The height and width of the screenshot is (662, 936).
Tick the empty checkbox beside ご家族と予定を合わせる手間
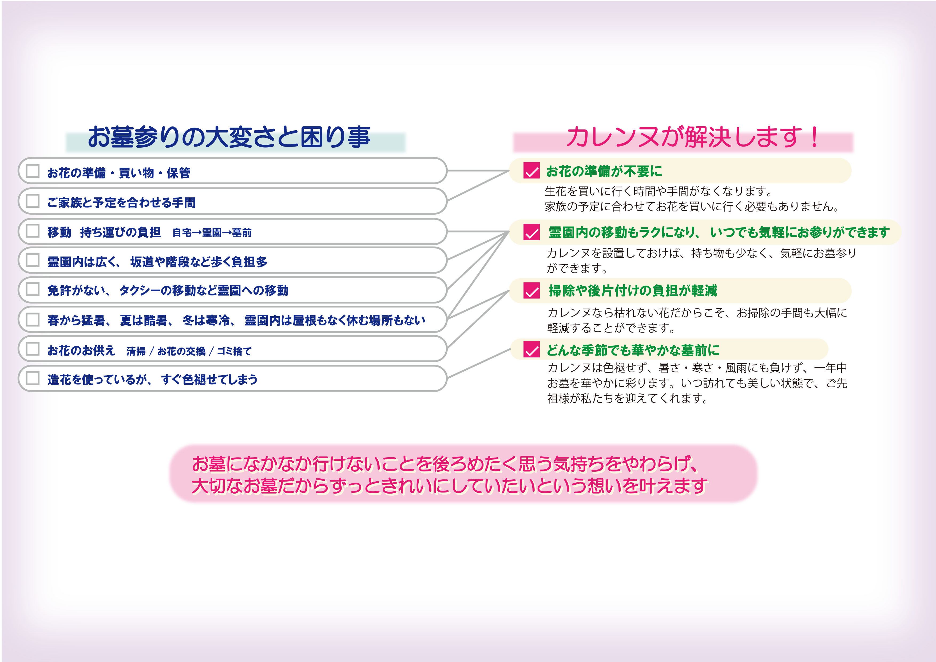pos(32,201)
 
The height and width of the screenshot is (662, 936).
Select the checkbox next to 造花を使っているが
pos(32,378)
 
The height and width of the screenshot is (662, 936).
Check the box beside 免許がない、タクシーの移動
pos(32,289)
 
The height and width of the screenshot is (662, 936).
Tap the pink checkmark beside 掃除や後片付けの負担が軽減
pos(531,291)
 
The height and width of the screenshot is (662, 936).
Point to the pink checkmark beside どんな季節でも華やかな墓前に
pos(531,350)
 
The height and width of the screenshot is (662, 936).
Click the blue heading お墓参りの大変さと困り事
pos(229,137)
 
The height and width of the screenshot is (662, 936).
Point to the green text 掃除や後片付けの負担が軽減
pos(633,291)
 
